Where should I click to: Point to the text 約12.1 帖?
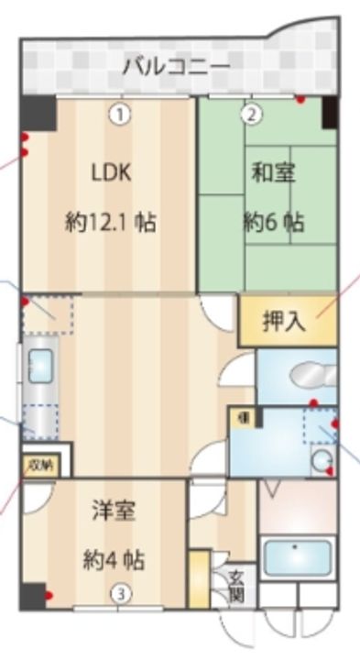coord(110,222)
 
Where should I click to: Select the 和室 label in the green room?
coord(273,172)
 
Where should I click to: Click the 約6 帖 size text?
coord(273,223)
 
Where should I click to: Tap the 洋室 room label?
coord(114,511)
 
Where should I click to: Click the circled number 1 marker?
coord(120,115)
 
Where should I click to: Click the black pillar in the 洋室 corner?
coord(32,595)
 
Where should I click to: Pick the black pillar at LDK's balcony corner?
coord(38,113)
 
